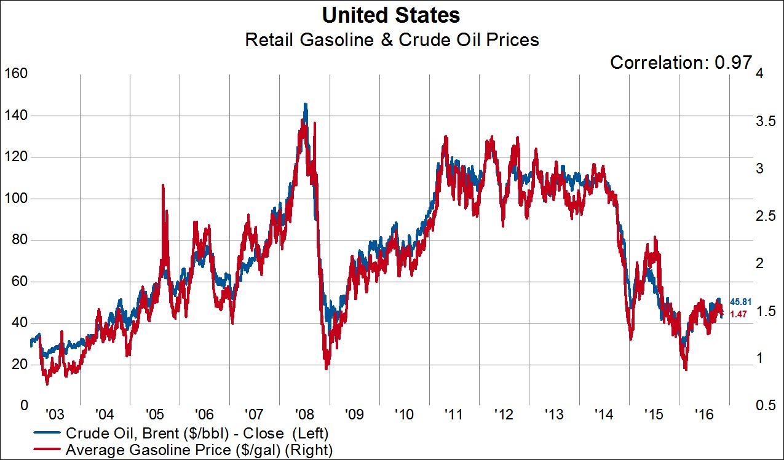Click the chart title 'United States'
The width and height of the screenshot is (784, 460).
point(392,15)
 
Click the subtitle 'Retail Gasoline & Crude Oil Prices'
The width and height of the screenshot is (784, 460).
point(392,40)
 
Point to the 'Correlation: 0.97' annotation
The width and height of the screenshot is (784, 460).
point(681,62)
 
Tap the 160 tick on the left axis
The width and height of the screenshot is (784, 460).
point(15,74)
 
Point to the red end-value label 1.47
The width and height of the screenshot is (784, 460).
point(737,314)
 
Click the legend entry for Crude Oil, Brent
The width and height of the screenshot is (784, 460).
point(192,433)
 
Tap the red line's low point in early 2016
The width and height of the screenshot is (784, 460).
point(686,368)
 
